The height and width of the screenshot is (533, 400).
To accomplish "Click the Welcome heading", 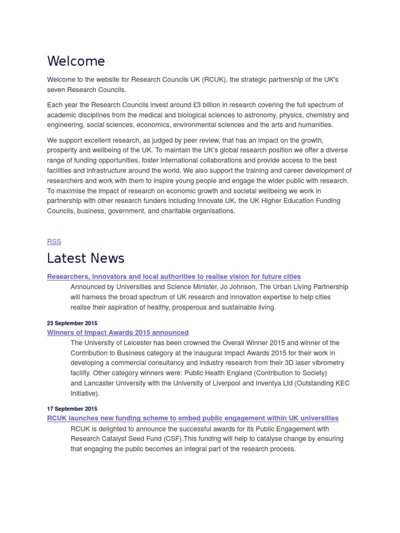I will click(76, 61).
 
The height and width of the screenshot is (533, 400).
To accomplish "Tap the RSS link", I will click(54, 242).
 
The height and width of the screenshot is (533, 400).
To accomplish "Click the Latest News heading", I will click(85, 258).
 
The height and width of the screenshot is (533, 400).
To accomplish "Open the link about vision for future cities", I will click(174, 276).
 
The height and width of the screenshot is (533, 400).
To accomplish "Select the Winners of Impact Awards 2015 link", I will click(118, 333).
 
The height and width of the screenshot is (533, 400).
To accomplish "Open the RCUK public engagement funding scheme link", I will click(193, 418).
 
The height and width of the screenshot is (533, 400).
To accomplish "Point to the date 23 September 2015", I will click(72, 323).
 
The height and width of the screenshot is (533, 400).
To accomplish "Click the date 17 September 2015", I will click(72, 409).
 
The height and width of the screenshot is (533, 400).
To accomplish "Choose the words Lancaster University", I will click(116, 383).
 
